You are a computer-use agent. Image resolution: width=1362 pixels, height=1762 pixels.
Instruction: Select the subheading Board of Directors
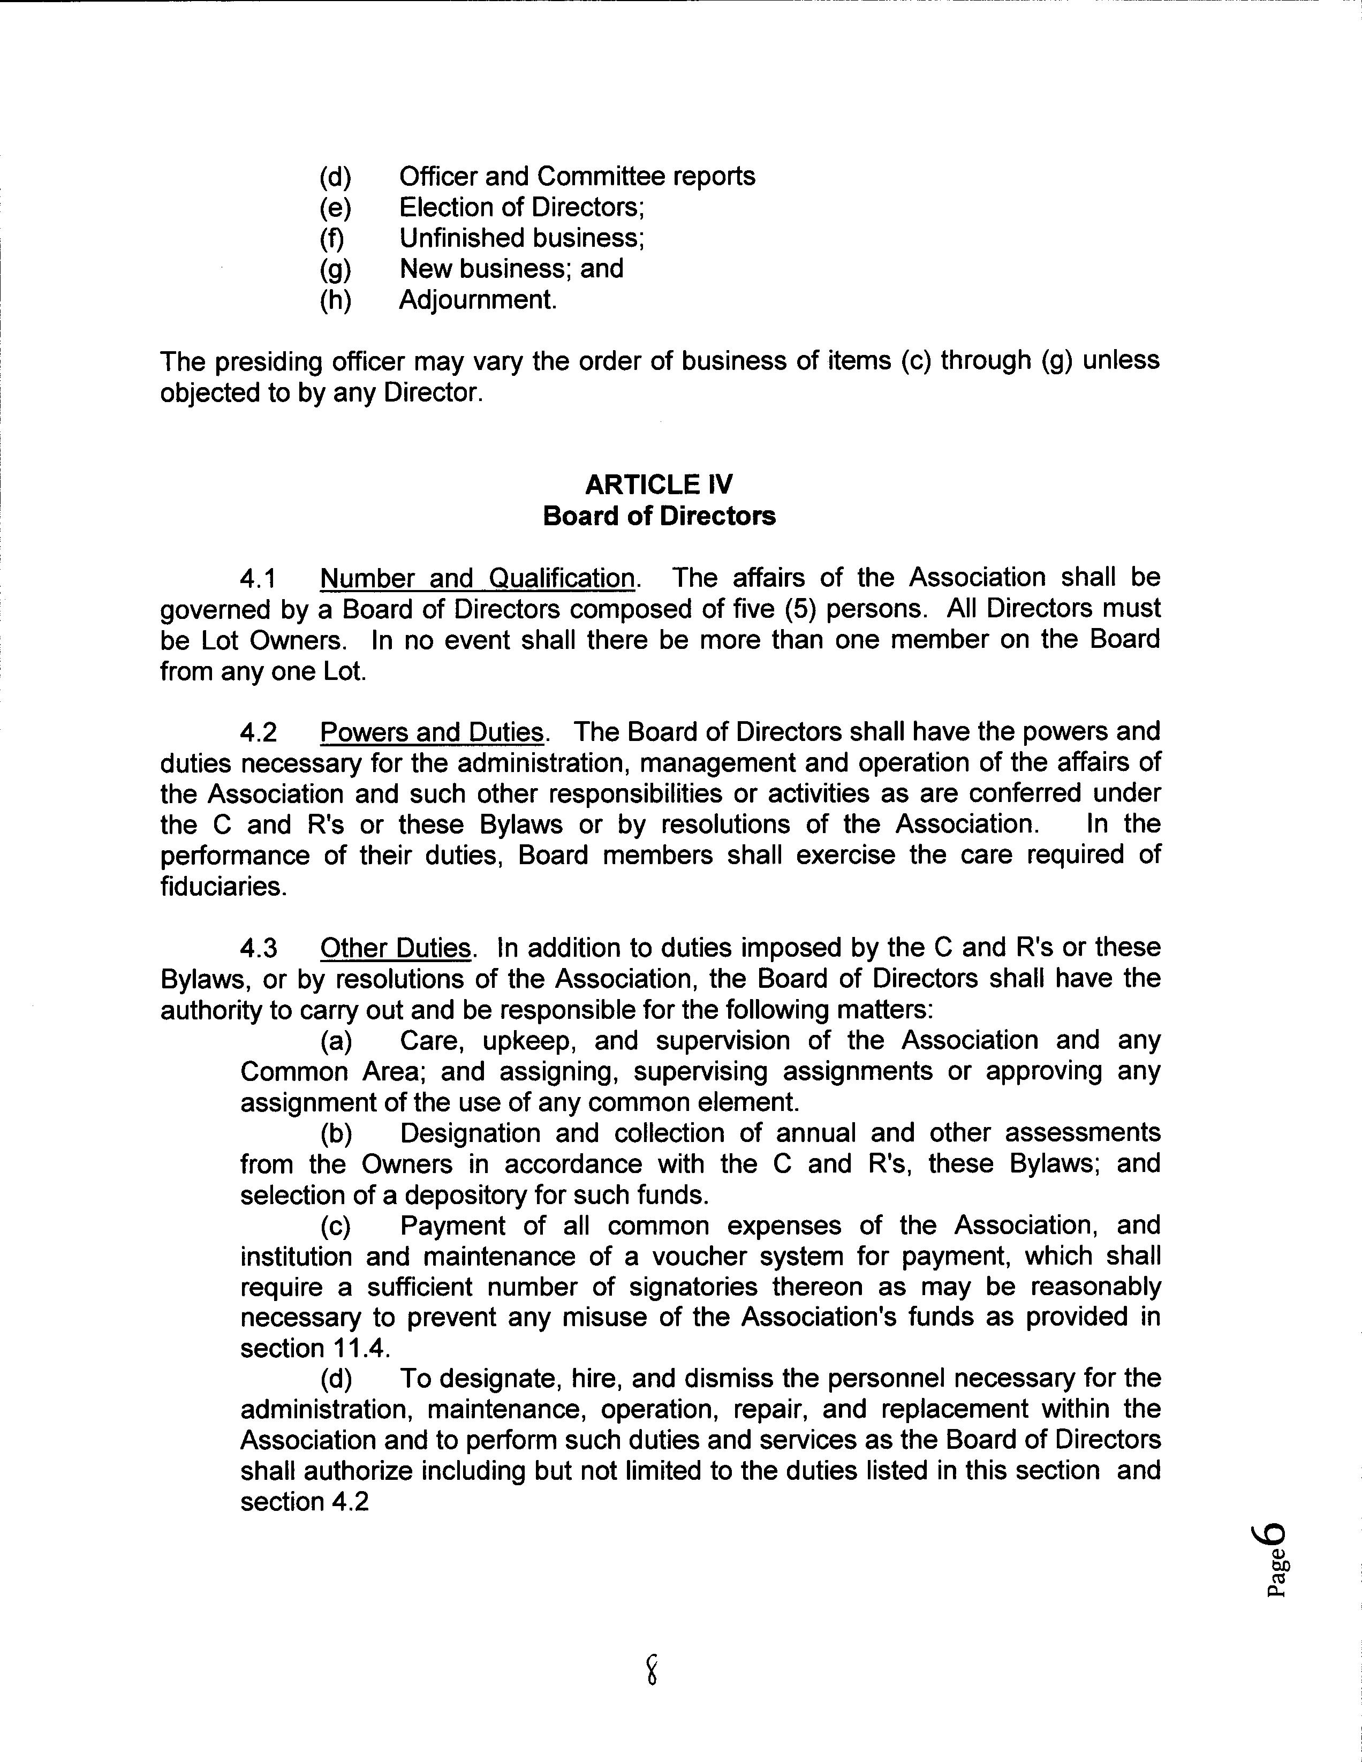click(x=659, y=516)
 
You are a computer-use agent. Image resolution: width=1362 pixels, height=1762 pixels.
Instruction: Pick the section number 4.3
click(x=258, y=948)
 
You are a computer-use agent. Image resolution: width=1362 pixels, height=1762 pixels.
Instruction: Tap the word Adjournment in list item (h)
click(x=477, y=300)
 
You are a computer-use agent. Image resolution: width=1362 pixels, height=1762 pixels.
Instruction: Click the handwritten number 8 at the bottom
click(x=652, y=1668)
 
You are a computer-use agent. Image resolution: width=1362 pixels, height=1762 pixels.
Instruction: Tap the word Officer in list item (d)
click(x=438, y=177)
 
